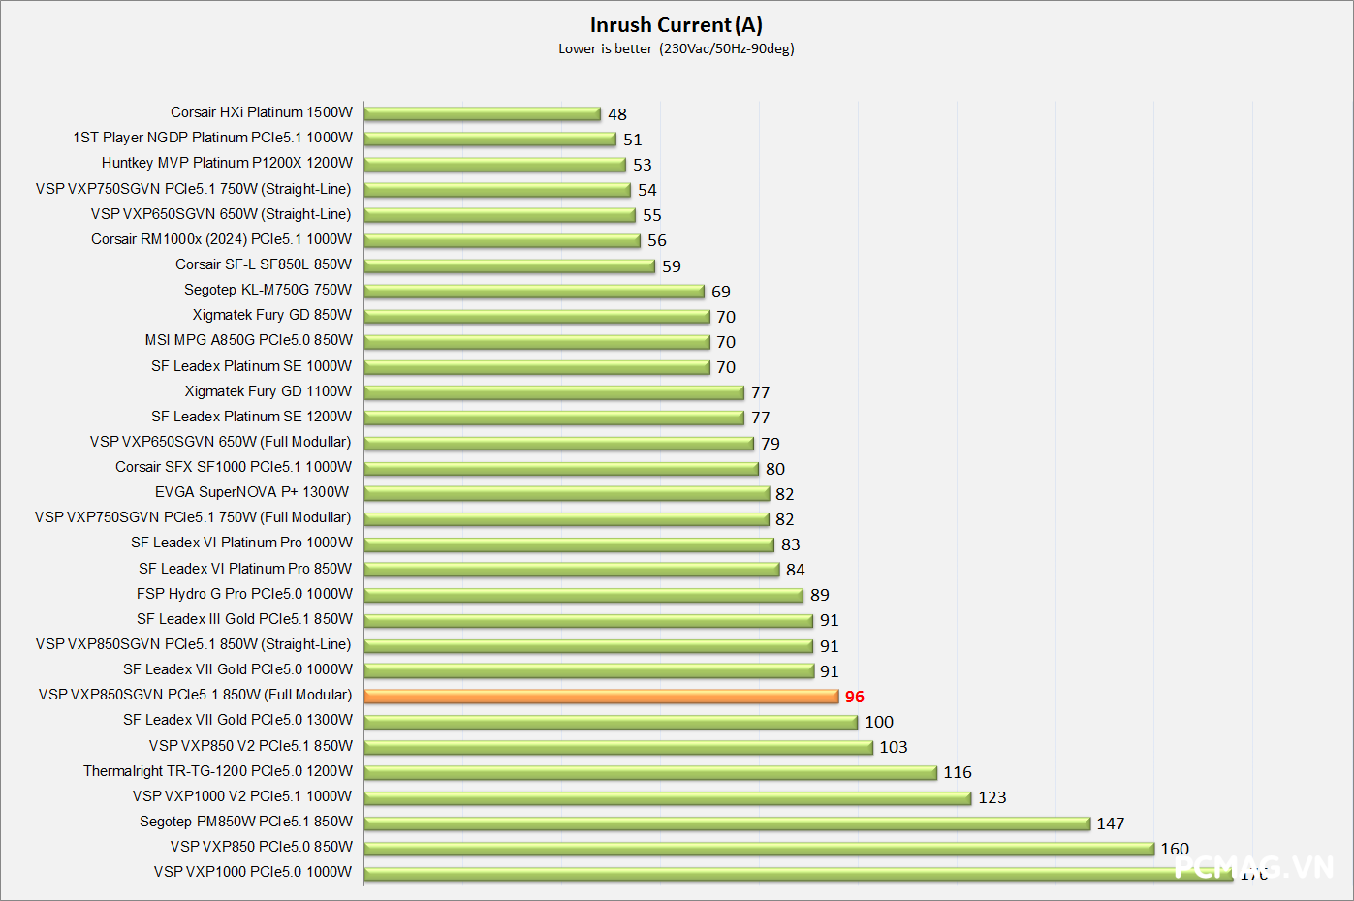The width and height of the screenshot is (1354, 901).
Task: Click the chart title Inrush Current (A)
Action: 676,25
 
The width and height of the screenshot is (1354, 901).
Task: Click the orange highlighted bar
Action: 601,696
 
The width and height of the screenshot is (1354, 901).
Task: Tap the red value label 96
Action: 854,697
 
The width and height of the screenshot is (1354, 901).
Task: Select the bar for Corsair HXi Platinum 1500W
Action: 483,113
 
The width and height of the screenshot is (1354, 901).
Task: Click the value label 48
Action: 617,114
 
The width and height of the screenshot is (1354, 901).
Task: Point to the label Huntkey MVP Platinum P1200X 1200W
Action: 227,163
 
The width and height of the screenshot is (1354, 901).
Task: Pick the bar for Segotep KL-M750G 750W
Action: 534,291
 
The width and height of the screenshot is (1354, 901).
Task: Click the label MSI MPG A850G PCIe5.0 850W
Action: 248,340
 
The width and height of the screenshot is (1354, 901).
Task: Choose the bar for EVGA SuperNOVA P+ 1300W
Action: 567,493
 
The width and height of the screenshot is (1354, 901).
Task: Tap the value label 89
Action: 820,595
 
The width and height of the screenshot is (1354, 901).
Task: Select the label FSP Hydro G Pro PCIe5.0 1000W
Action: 244,594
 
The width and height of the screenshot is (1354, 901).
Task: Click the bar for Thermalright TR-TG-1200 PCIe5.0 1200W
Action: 650,772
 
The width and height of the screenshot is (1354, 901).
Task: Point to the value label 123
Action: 992,797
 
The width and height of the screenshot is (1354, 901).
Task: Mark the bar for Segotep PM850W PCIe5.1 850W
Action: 727,823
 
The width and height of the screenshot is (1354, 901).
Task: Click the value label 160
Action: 1175,849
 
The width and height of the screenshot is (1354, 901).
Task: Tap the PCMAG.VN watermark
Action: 1253,866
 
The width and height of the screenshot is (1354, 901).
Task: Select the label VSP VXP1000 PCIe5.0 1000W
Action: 253,872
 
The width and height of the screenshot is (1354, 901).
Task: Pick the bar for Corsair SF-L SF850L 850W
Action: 510,265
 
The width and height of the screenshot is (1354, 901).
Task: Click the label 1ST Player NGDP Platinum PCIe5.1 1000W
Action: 212,138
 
